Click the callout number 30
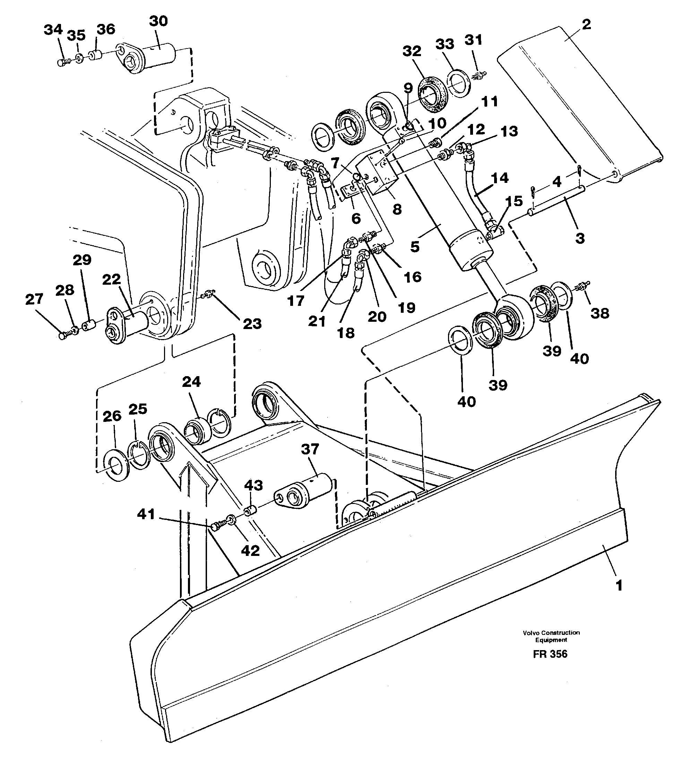pyautogui.click(x=158, y=21)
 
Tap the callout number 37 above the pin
pyautogui.click(x=310, y=449)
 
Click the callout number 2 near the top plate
pyautogui.click(x=586, y=24)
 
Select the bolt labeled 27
pyautogui.click(x=63, y=336)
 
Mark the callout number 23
pyautogui.click(x=252, y=324)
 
